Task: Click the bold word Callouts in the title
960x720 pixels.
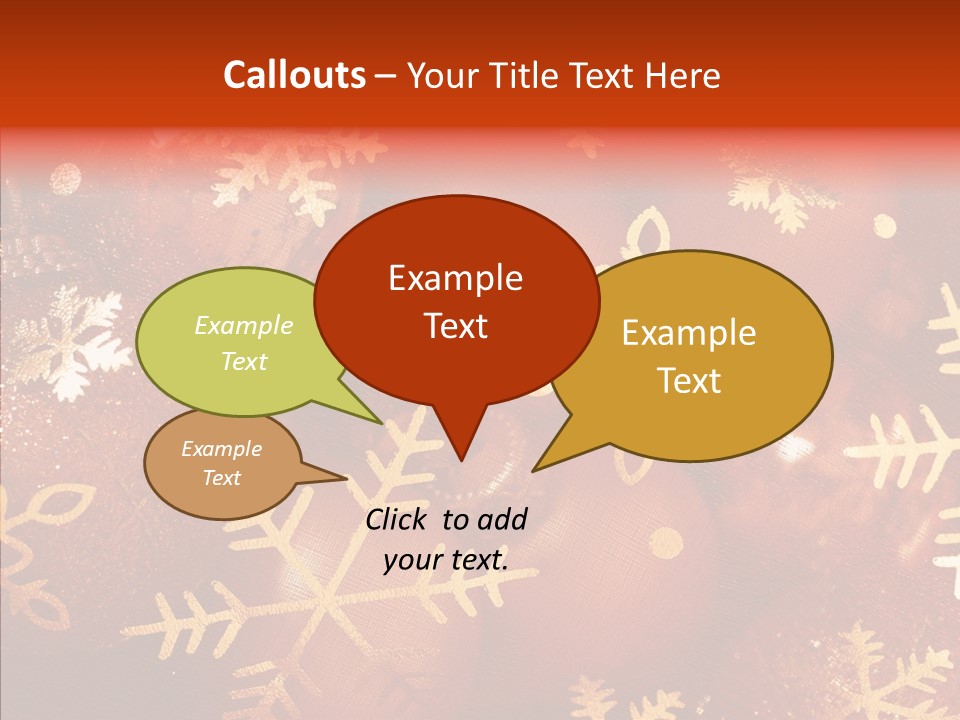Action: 294,75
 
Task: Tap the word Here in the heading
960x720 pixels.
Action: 682,75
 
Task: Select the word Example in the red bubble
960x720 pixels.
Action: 455,278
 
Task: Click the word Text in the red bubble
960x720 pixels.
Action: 455,326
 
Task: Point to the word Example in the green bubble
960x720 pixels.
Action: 244,325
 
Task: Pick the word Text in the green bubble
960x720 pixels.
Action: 244,361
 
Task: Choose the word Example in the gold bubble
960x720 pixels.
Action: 689,333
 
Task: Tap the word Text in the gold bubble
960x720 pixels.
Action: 689,381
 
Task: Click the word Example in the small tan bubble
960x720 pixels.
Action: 221,449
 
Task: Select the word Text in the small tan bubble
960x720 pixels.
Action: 221,478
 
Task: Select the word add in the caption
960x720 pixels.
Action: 504,519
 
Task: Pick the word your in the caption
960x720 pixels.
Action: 412,560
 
